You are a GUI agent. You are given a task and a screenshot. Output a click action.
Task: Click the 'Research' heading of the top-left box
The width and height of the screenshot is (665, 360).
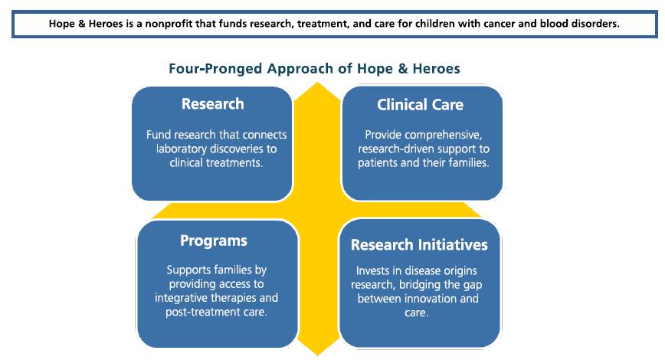(212, 104)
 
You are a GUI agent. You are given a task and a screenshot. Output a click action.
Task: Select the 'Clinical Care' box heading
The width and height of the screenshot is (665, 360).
(420, 105)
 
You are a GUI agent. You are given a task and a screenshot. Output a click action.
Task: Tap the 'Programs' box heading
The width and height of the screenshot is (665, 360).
(213, 241)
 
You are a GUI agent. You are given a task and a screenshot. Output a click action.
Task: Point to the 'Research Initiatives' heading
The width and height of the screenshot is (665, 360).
(419, 244)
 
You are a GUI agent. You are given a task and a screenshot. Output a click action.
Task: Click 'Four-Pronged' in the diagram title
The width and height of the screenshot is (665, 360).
(215, 69)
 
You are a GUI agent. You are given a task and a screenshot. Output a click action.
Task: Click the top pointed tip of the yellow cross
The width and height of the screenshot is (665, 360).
(317, 83)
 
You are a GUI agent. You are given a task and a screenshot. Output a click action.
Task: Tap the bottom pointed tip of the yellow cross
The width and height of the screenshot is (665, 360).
(317, 355)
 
